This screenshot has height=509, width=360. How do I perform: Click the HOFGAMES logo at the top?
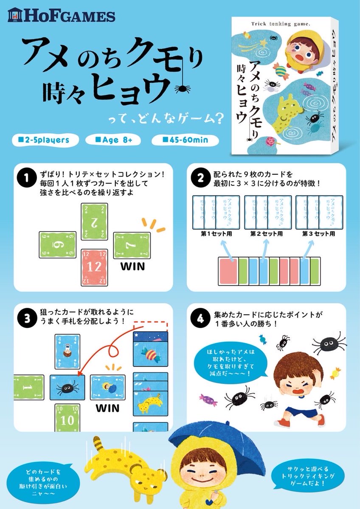tap(62, 16)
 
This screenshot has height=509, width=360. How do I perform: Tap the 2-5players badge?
tap(41, 139)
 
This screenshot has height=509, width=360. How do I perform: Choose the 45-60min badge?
tap(186, 139)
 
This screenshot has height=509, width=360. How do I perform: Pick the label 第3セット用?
tap(319, 234)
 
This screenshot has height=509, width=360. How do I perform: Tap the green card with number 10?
tap(67, 417)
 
